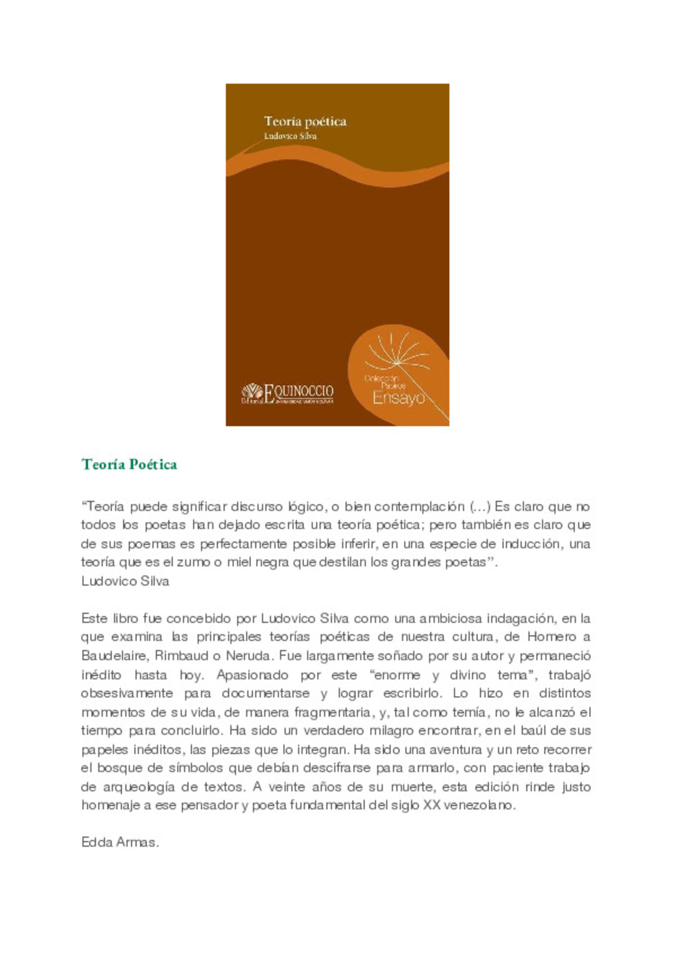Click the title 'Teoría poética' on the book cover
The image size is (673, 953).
pos(305,121)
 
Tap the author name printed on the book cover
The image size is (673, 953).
pos(290,136)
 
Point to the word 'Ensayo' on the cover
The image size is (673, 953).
pos(398,398)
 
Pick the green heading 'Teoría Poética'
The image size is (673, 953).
pos(129,464)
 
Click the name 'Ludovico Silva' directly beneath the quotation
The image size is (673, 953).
pos(125,581)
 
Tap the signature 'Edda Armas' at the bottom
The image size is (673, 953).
pos(120,842)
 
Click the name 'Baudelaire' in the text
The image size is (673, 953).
pos(114,655)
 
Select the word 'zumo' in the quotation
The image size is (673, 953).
pos(193,562)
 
